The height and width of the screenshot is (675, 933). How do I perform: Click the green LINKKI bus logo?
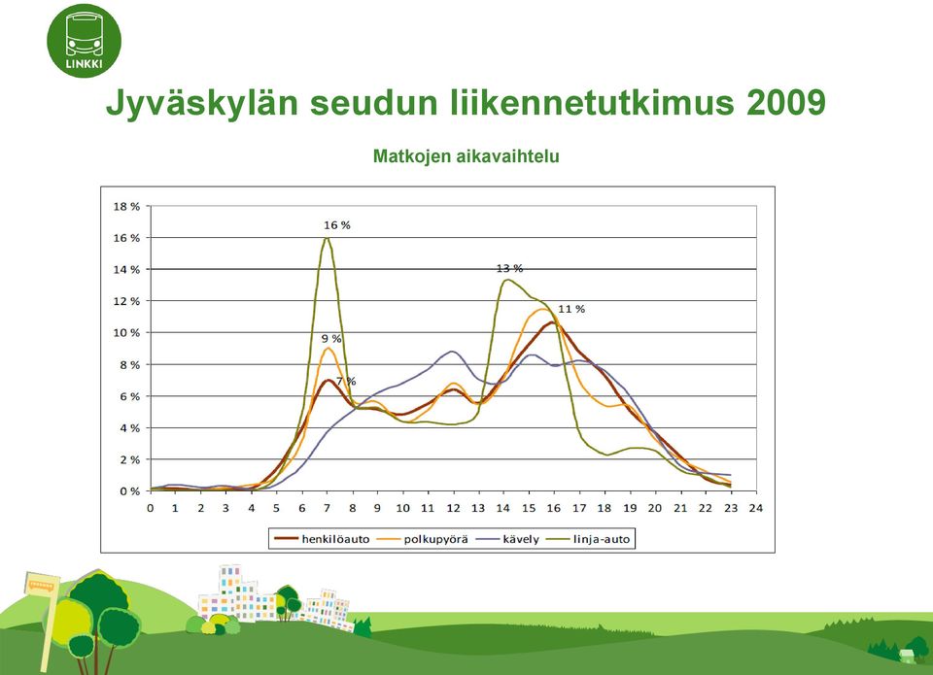tap(84, 41)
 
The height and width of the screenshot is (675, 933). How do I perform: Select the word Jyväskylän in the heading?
tap(202, 104)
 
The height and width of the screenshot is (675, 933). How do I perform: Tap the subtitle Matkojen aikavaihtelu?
tap(466, 156)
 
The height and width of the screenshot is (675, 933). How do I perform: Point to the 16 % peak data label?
tap(337, 225)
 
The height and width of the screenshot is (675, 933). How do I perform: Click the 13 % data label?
tap(509, 269)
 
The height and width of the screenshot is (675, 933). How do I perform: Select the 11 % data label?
tap(571, 309)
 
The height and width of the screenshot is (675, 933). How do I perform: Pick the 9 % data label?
tap(331, 339)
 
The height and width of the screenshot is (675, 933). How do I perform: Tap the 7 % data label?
tap(346, 382)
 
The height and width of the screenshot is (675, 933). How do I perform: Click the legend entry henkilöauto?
tap(322, 539)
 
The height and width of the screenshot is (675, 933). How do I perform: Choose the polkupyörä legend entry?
tap(423, 539)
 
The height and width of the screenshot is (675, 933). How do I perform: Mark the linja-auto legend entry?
tap(588, 539)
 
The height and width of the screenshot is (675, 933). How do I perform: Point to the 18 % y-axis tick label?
tap(126, 206)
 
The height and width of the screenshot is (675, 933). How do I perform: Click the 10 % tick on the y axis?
tap(126, 333)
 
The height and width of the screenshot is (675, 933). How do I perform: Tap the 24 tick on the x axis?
tap(756, 508)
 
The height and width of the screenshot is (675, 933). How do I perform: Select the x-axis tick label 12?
tap(454, 508)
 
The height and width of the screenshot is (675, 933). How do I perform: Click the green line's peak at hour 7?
tap(327, 238)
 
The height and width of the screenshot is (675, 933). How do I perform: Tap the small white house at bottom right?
tap(906, 656)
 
